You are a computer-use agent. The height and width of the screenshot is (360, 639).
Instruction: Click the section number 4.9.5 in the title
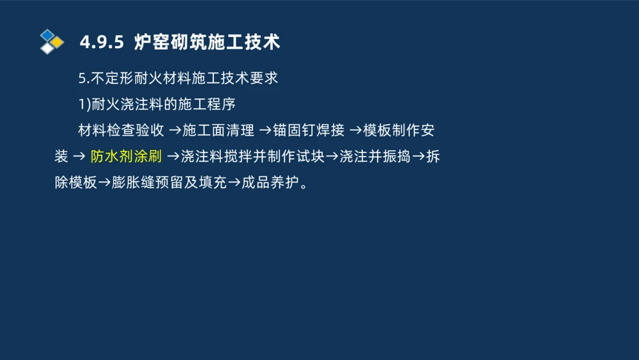pos(101,43)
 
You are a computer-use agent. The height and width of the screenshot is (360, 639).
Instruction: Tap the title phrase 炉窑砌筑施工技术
pos(207,43)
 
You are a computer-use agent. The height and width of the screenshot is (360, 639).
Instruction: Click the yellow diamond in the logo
pos(58,42)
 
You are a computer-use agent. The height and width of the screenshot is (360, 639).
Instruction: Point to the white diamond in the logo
pos(47,48)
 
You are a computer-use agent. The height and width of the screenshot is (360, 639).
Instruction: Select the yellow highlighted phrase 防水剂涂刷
pos(126,157)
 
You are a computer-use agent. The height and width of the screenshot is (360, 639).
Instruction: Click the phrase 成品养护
pos(270,183)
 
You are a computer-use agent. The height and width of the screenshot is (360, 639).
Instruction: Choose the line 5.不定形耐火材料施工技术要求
pos(178,79)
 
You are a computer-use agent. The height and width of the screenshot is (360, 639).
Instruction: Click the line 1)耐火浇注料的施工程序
pos(157,104)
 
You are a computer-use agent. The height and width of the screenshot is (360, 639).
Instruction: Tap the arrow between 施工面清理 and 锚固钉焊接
pos(265,131)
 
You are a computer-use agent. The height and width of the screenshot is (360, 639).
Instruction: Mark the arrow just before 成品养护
pos(234,183)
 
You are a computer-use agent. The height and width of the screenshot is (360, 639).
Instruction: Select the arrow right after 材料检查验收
pos(174,131)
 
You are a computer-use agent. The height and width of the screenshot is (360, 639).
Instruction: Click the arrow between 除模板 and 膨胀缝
pos(104,183)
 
